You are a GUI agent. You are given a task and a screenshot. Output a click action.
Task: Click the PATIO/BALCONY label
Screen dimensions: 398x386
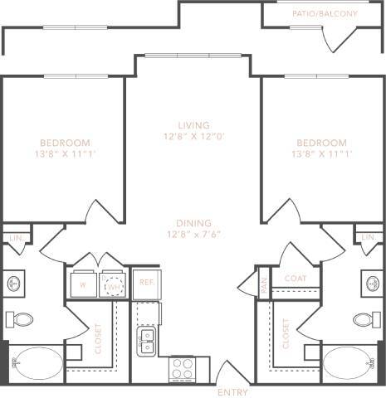click(x=325, y=14)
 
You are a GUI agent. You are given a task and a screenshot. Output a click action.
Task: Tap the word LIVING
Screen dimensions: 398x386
click(x=193, y=124)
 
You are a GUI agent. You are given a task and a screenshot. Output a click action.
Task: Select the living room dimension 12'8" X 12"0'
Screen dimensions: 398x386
click(x=193, y=137)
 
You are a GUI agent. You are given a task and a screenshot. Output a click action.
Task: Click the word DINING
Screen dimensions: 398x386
click(x=193, y=223)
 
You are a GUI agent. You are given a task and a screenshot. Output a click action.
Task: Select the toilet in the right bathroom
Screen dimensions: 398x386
click(x=364, y=318)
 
